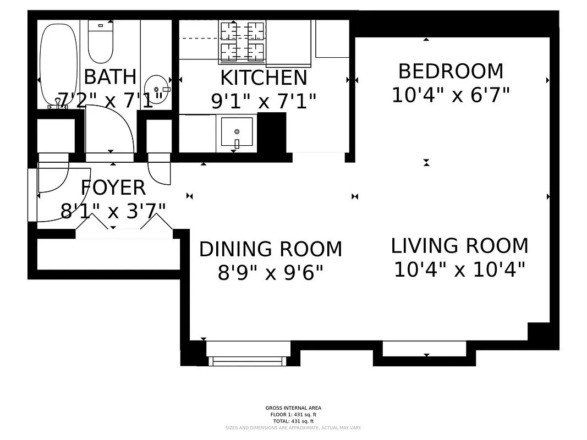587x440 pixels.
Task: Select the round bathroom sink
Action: point(156,89)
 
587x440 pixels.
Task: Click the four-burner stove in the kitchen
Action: point(243,42)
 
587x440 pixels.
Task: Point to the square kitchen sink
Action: point(237,132)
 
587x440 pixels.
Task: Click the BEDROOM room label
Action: point(451,71)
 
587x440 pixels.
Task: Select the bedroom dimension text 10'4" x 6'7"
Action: point(451,95)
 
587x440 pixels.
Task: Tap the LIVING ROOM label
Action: point(459,245)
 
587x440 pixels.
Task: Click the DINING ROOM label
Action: point(270,249)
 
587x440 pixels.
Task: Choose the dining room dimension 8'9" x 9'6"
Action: point(270,272)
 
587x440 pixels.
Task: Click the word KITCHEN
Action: point(264,78)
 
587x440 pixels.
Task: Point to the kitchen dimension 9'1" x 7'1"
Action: point(264,101)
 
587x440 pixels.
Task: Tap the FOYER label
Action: point(113,188)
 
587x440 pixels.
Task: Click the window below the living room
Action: point(424,349)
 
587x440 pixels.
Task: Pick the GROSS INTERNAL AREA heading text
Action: point(293,408)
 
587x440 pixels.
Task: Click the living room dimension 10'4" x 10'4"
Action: point(459,269)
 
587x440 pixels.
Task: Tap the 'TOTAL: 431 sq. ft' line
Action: point(293,421)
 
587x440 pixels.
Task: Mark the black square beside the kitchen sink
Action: point(272,131)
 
